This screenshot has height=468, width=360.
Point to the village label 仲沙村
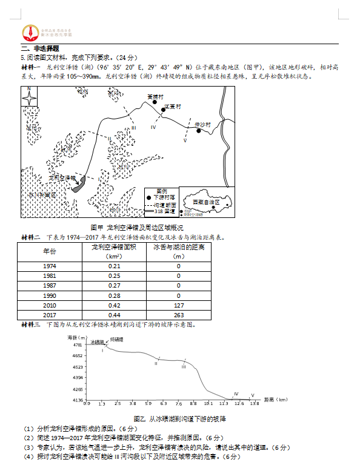click(202, 124)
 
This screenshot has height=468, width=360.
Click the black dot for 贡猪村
click(155, 103)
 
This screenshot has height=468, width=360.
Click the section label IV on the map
click(153, 127)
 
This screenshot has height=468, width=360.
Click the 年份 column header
click(49, 251)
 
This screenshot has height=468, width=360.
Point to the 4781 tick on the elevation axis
click(77, 344)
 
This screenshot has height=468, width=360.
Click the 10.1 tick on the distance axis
click(208, 403)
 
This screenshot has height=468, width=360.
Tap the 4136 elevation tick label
click(77, 400)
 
